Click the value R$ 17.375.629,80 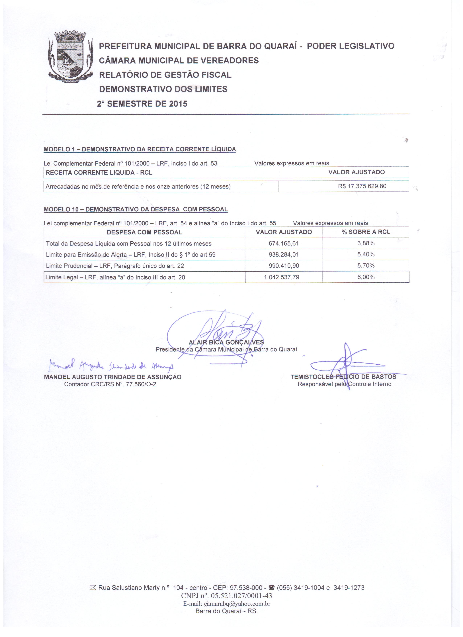(362, 186)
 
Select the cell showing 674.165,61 (284, 244)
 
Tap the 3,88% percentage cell (366, 243)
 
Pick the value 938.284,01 (284, 255)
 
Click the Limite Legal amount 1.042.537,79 (282, 277)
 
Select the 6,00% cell (366, 277)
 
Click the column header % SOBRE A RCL (366, 232)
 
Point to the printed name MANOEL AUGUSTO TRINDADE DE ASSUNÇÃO (113, 377)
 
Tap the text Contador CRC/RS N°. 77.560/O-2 (110, 384)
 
